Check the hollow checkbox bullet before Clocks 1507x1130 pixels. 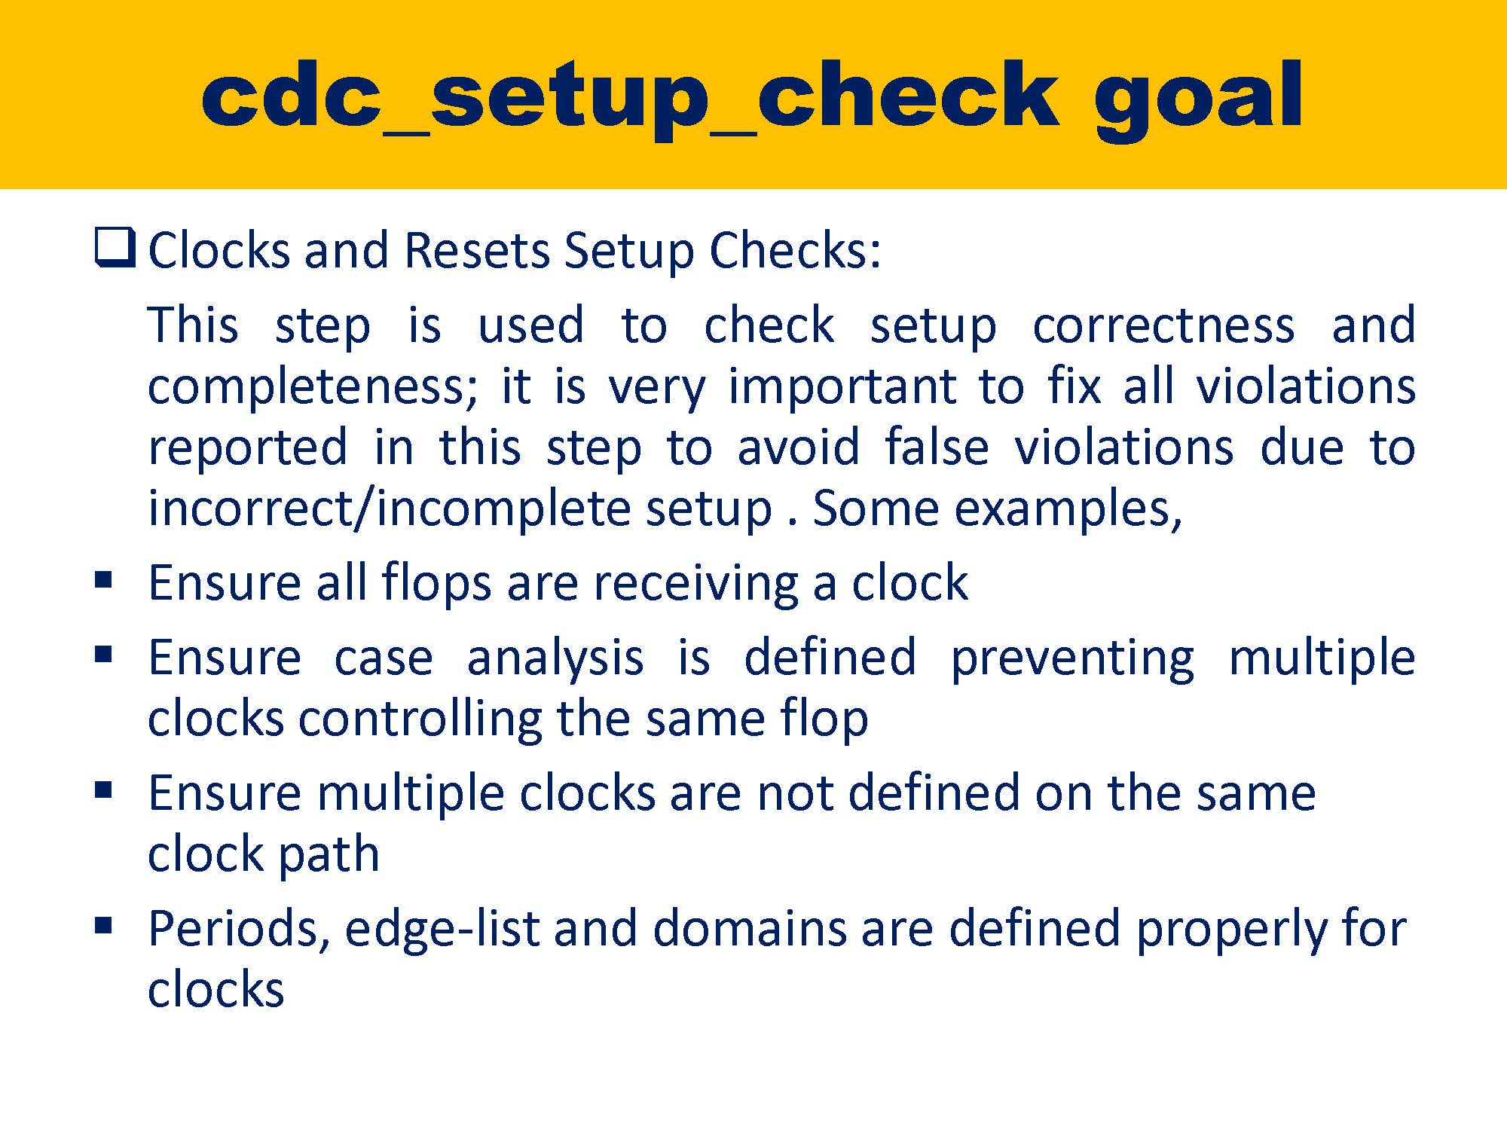click(x=115, y=249)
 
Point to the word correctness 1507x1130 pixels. click(x=1163, y=325)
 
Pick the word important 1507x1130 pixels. click(x=842, y=387)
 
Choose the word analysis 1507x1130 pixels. click(x=555, y=657)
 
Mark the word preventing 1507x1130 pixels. click(x=1072, y=658)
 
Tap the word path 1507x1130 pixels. click(x=328, y=854)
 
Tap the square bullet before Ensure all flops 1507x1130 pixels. click(x=104, y=581)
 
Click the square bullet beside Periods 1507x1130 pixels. click(x=104, y=926)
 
